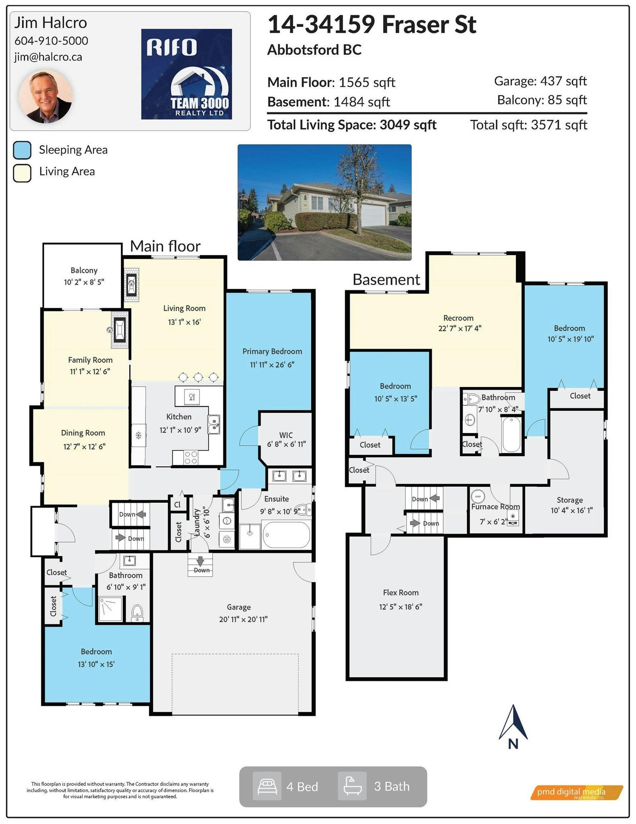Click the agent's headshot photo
[45, 97]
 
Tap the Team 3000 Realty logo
[186, 74]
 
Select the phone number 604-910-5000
[51, 41]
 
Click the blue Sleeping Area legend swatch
[22, 150]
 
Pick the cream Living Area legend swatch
[22, 173]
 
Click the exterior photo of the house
[324, 202]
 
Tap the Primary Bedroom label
[272, 352]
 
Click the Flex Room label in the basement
[401, 593]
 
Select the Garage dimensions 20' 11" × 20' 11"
[243, 619]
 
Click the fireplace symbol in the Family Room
[119, 329]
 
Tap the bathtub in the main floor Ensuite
[286, 535]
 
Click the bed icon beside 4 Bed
[267, 786]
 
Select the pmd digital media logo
[576, 792]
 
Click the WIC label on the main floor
[286, 435]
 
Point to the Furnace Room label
[495, 507]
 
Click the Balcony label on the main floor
[84, 270]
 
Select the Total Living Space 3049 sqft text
[352, 125]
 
